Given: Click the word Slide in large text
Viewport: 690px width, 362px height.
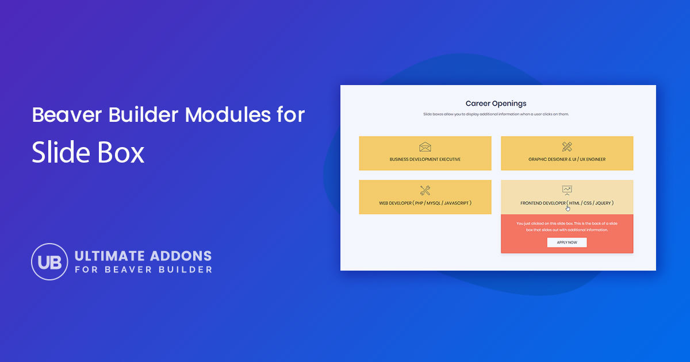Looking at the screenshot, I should click(57, 153).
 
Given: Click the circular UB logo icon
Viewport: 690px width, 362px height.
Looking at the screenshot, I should click(49, 261).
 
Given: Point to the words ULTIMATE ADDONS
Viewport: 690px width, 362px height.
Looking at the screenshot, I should click(143, 256).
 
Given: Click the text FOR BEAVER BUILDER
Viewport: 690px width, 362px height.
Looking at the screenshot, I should click(143, 269).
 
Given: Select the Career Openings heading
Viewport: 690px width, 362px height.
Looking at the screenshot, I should click(496, 103).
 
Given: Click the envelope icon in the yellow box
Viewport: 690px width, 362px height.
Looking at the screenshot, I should click(425, 147).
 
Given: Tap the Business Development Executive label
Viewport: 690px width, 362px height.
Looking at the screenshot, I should click(425, 159).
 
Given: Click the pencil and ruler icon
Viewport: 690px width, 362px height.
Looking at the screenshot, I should click(567, 147).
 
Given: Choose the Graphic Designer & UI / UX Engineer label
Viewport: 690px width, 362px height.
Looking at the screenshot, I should click(567, 159).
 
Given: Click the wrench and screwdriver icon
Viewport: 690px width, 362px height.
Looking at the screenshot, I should click(425, 191).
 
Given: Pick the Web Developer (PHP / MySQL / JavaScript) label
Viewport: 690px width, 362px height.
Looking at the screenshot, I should click(425, 203).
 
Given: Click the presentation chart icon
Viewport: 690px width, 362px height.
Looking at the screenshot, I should click(567, 190).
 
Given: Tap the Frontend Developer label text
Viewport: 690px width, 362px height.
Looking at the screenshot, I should click(567, 203).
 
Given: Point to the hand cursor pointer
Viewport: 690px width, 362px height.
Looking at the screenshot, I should click(568, 208).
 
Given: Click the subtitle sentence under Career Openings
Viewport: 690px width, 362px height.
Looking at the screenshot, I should click(496, 114).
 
